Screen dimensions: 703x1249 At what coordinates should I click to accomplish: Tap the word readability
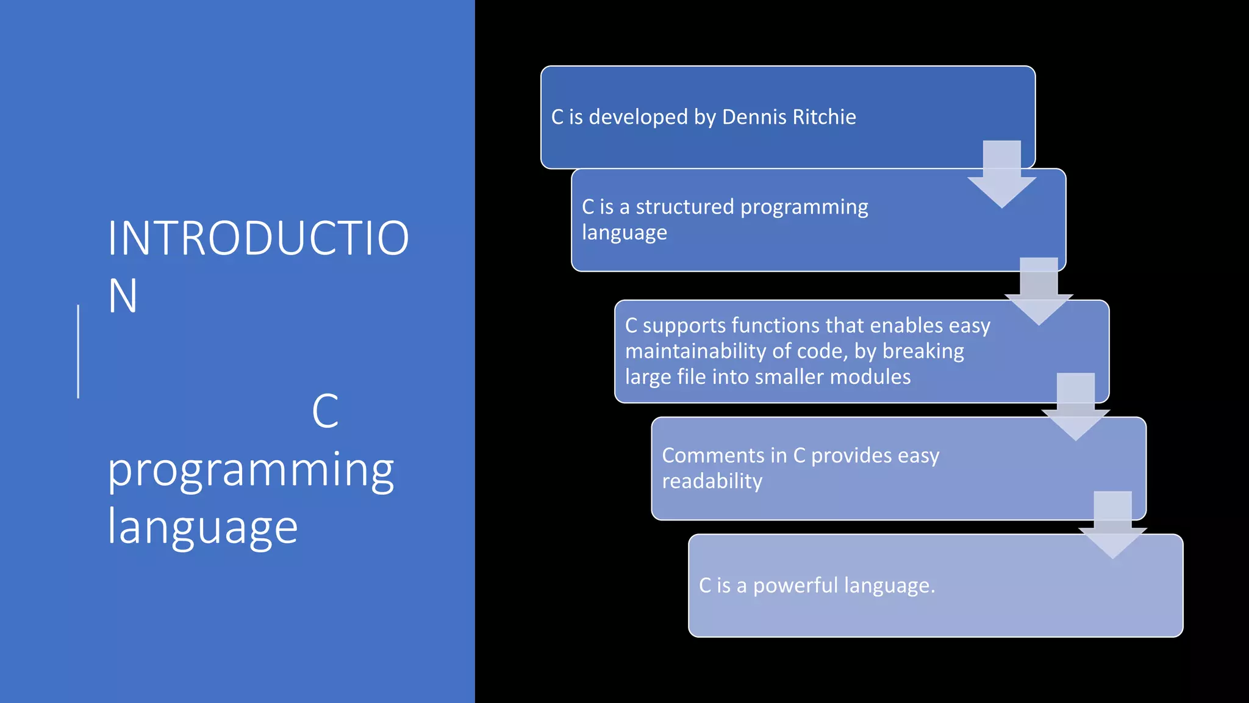tap(712, 481)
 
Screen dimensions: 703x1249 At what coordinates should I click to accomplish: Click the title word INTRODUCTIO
tap(258, 238)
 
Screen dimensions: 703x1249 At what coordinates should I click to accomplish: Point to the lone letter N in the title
tap(122, 296)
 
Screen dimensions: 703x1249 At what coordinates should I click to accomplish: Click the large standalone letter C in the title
tap(325, 411)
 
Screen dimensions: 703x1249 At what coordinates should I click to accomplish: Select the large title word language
tap(202, 527)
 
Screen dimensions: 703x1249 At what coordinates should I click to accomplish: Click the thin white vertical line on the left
tap(78, 351)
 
